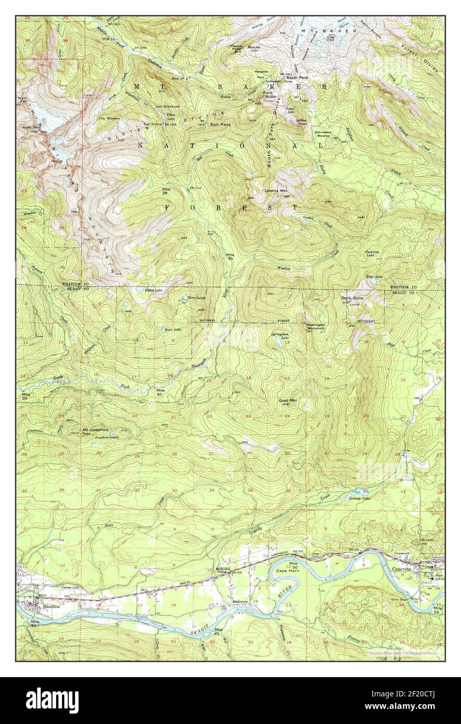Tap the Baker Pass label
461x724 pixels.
pos(295,78)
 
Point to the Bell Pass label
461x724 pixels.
pos(220,124)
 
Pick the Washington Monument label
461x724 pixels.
pos(314,327)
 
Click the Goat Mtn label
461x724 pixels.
pos(288,401)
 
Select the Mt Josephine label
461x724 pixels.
pos(95,430)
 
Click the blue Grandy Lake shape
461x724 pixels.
pos(358,492)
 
